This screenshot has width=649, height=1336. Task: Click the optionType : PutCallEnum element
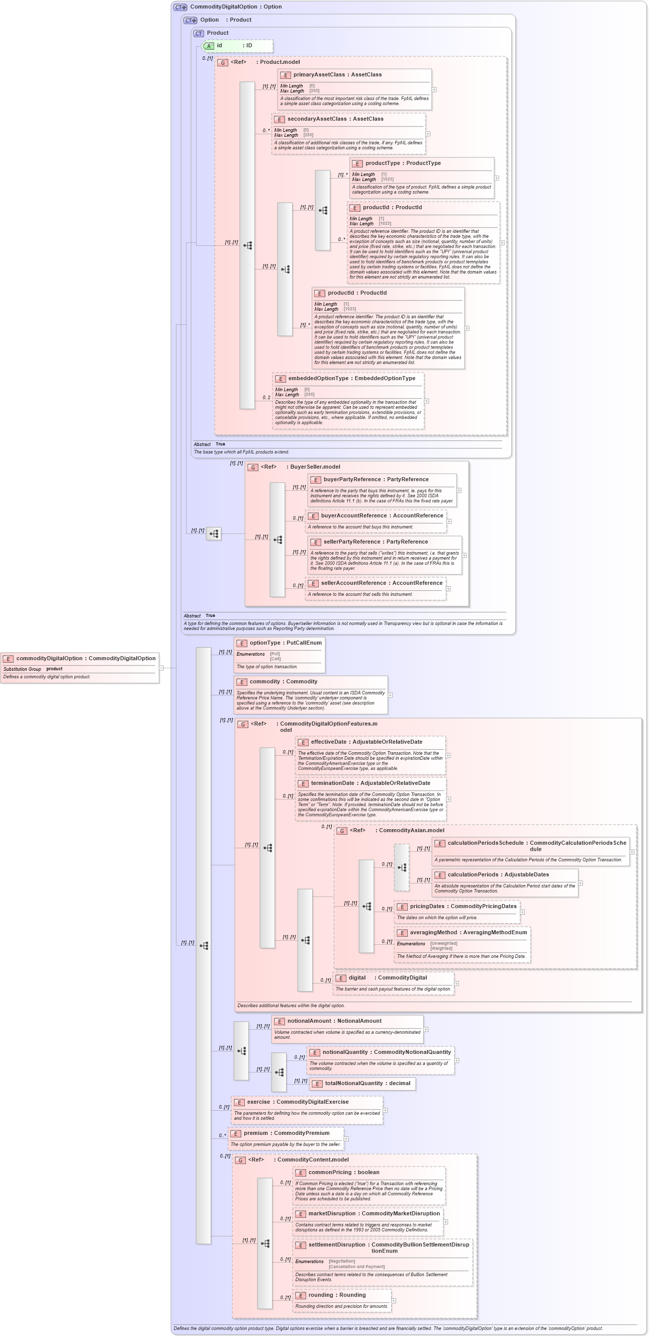[x=285, y=643]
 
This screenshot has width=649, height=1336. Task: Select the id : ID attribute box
[x=237, y=46]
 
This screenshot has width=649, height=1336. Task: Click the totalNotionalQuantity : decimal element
[x=367, y=1084]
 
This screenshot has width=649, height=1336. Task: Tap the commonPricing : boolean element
[x=343, y=1173]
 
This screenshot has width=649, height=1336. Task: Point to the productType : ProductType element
[x=403, y=163]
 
